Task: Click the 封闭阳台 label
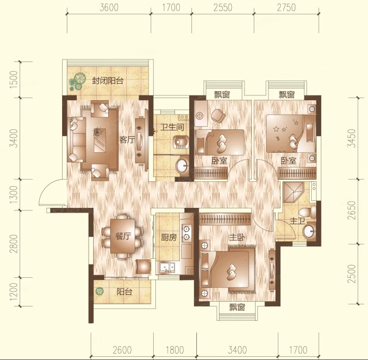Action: click(108, 81)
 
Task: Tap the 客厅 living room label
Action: click(127, 140)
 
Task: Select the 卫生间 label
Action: click(172, 127)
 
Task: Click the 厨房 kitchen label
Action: click(169, 238)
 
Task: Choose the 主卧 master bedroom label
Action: click(237, 238)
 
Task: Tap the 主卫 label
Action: click(297, 221)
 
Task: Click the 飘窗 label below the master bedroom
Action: click(237, 307)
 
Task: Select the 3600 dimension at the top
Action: click(109, 8)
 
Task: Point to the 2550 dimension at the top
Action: click(223, 8)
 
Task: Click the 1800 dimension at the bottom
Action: click(174, 350)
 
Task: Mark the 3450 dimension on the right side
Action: click(352, 138)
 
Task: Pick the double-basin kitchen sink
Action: click(167, 268)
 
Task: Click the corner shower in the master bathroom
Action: click(294, 192)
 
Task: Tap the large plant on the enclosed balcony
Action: click(77, 82)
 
